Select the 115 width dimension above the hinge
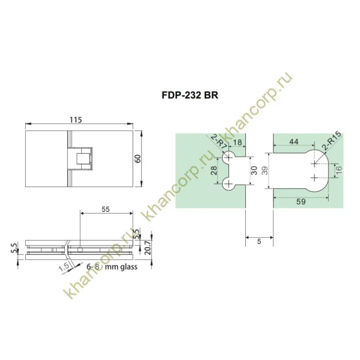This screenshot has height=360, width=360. (x=76, y=120)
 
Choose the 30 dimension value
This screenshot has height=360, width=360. (x=254, y=171)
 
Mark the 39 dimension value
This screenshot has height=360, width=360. (x=265, y=171)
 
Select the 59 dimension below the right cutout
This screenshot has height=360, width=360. (x=301, y=202)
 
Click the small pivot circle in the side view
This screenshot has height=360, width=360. (x=80, y=250)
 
